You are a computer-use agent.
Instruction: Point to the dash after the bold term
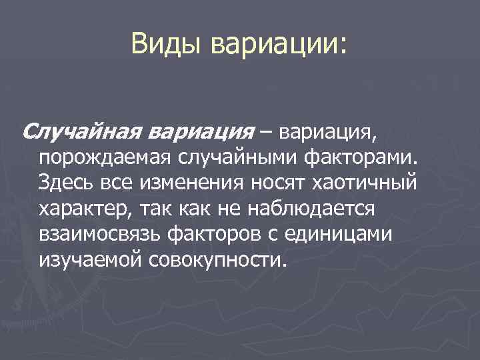tap(267, 131)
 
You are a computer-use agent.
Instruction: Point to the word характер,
tap(87, 208)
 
